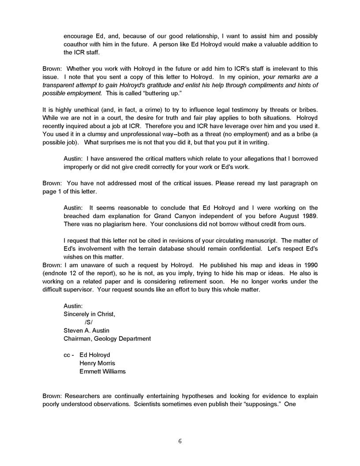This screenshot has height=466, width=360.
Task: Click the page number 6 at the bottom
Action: coord(180,441)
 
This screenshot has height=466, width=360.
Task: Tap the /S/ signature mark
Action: coord(89,322)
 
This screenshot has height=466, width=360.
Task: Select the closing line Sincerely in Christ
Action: coord(90,314)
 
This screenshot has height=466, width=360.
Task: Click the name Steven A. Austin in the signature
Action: coord(86,330)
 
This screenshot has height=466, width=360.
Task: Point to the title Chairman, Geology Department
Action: coord(107,338)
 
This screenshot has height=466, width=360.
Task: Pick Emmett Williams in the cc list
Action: coord(102,371)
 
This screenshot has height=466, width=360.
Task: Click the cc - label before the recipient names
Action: coord(69,355)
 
